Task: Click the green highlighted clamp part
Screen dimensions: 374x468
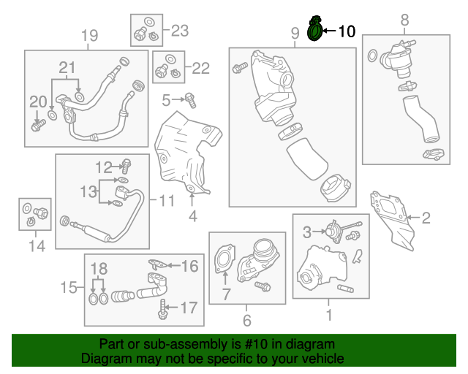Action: [x=315, y=31]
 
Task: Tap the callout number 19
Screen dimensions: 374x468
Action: [x=88, y=36]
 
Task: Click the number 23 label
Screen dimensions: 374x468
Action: [x=179, y=30]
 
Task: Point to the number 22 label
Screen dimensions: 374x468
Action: [x=200, y=68]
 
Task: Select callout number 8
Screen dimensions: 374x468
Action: [x=404, y=21]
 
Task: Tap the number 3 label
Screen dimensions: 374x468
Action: [x=308, y=232]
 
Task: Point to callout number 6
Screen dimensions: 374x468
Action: [x=246, y=320]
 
